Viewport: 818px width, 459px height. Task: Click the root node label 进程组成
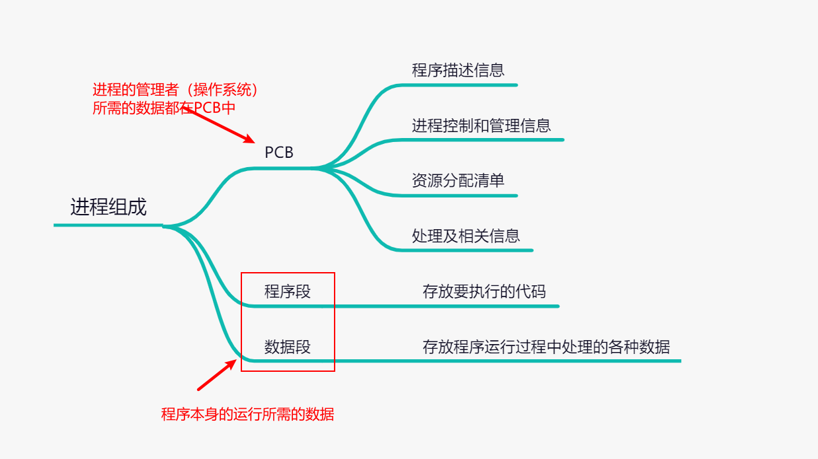coord(108,207)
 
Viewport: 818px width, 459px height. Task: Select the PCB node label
coord(278,153)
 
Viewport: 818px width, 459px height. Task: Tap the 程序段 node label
coord(288,291)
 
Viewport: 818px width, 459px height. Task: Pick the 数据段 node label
coord(288,347)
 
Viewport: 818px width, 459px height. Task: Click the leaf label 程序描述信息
coord(458,70)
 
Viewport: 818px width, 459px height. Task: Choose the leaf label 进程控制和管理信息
coord(481,125)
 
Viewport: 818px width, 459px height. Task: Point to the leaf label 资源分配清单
coord(458,180)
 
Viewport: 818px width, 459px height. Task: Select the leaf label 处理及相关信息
coord(466,235)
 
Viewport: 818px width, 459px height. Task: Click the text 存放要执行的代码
coord(485,291)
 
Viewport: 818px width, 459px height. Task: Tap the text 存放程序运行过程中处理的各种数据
coord(546,347)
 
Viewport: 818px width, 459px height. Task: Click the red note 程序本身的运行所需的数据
coord(248,415)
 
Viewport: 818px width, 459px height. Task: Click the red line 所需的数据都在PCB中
coord(164,108)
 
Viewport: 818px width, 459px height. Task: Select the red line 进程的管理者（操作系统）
coord(175,89)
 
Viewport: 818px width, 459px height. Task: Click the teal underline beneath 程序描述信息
coord(463,85)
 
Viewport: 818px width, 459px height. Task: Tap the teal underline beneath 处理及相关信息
coord(470,250)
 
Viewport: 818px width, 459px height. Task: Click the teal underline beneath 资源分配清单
coord(463,195)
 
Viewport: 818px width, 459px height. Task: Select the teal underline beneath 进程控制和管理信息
coord(483,139)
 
